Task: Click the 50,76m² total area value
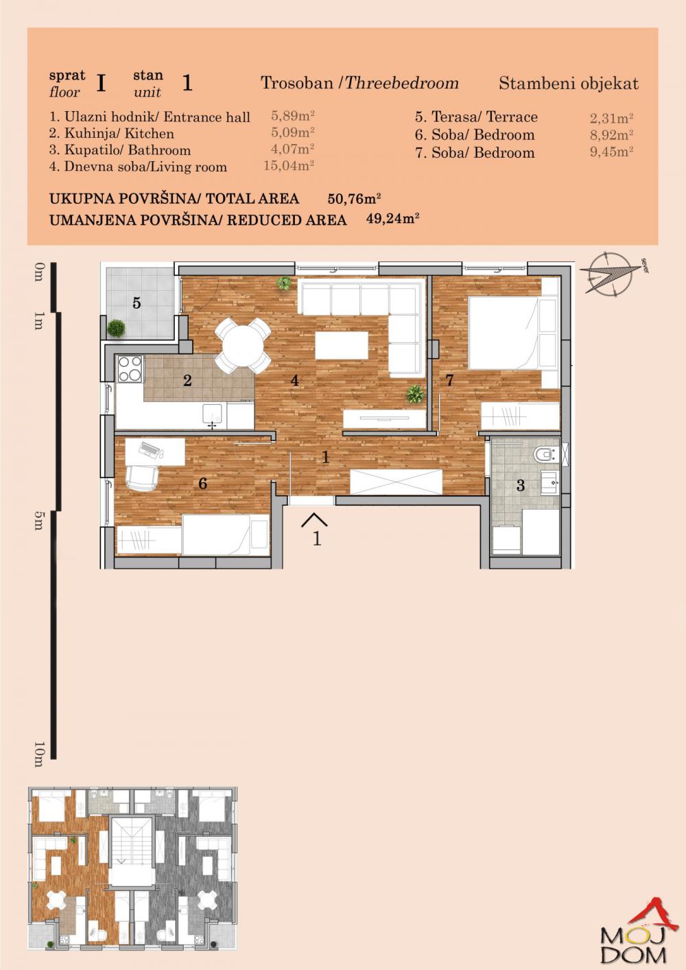point(354,199)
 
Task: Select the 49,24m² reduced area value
point(393,220)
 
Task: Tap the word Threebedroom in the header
point(402,84)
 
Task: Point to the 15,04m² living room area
point(289,166)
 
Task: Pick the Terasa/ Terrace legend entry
point(476,117)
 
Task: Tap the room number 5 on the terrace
point(137,303)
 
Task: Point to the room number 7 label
point(450,381)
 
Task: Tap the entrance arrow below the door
point(314,519)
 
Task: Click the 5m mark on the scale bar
point(38,521)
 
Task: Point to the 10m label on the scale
point(38,753)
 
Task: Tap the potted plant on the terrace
point(117,328)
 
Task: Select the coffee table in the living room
point(341,345)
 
